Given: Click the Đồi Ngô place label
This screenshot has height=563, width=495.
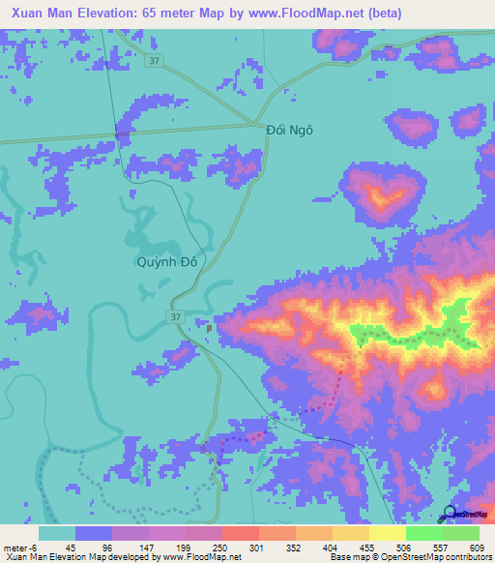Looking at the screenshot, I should (291, 129).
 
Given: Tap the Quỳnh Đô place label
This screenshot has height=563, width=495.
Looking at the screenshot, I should (167, 260).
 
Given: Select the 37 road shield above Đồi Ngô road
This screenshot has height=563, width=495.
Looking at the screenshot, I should (154, 60).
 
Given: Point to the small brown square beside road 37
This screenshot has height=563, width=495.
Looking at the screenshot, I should (211, 327).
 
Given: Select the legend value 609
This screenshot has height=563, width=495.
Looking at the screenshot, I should (470, 548).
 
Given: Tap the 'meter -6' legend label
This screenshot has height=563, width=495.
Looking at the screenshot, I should (20, 548).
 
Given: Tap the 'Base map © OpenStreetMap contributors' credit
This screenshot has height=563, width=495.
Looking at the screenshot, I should (417, 557).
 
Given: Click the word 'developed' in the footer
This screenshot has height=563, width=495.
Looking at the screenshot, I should (117, 557).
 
